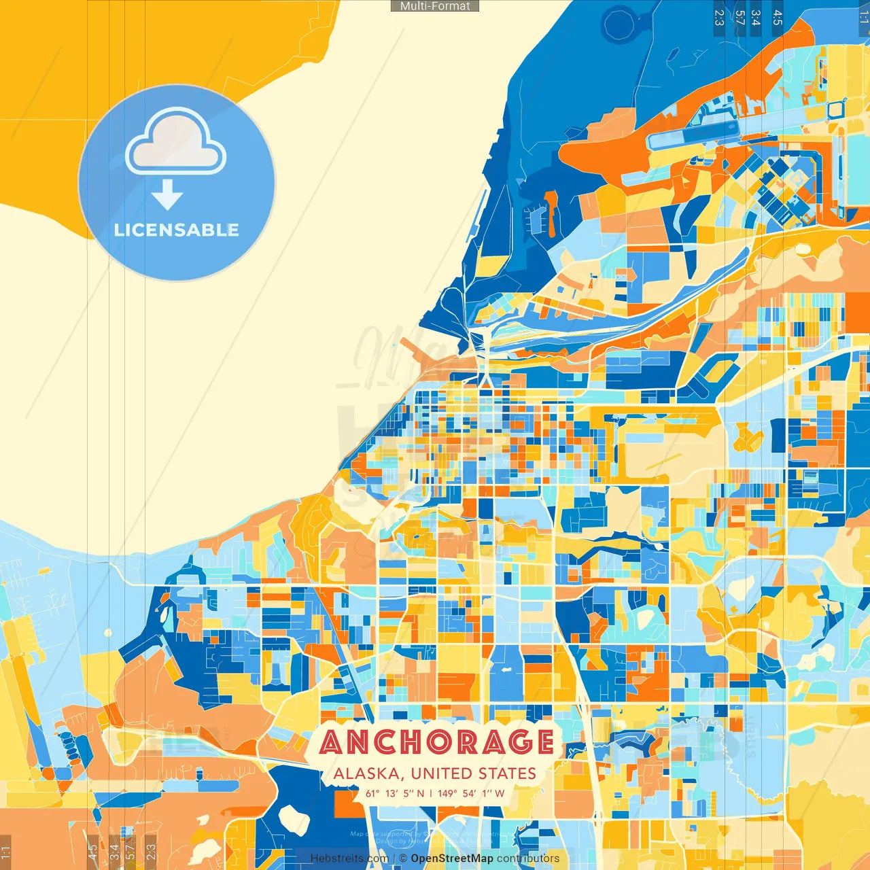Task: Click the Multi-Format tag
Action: pyautogui.click(x=435, y=6)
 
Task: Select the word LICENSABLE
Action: pyautogui.click(x=177, y=230)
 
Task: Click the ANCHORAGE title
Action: pyautogui.click(x=436, y=742)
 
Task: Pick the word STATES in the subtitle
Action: pyautogui.click(x=507, y=773)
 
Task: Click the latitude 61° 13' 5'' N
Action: pyautogui.click(x=395, y=793)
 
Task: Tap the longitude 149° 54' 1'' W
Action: pyautogui.click(x=472, y=793)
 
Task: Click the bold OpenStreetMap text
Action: pyautogui.click(x=452, y=858)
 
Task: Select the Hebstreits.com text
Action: pyautogui.click(x=349, y=858)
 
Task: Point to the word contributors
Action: pyautogui.click(x=528, y=858)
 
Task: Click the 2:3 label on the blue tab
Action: pyautogui.click(x=719, y=17)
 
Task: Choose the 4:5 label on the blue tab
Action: pyautogui.click(x=778, y=17)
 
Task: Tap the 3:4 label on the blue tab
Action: pyautogui.click(x=756, y=17)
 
